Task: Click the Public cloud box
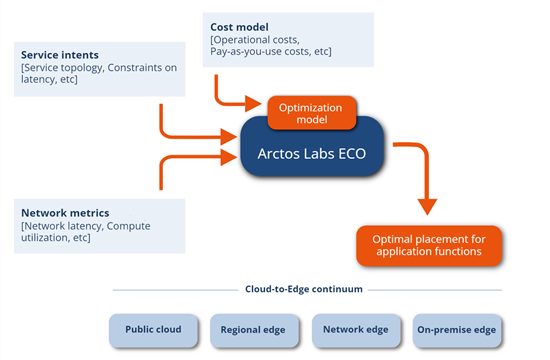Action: pyautogui.click(x=153, y=329)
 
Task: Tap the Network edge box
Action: pyautogui.click(x=355, y=329)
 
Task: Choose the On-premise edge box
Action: pyautogui.click(x=456, y=329)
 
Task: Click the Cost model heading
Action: pyautogui.click(x=238, y=26)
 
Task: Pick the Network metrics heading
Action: pyautogui.click(x=65, y=212)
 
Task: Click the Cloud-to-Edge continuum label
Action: pyautogui.click(x=304, y=289)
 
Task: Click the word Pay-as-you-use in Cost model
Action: pyautogui.click(x=251, y=51)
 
